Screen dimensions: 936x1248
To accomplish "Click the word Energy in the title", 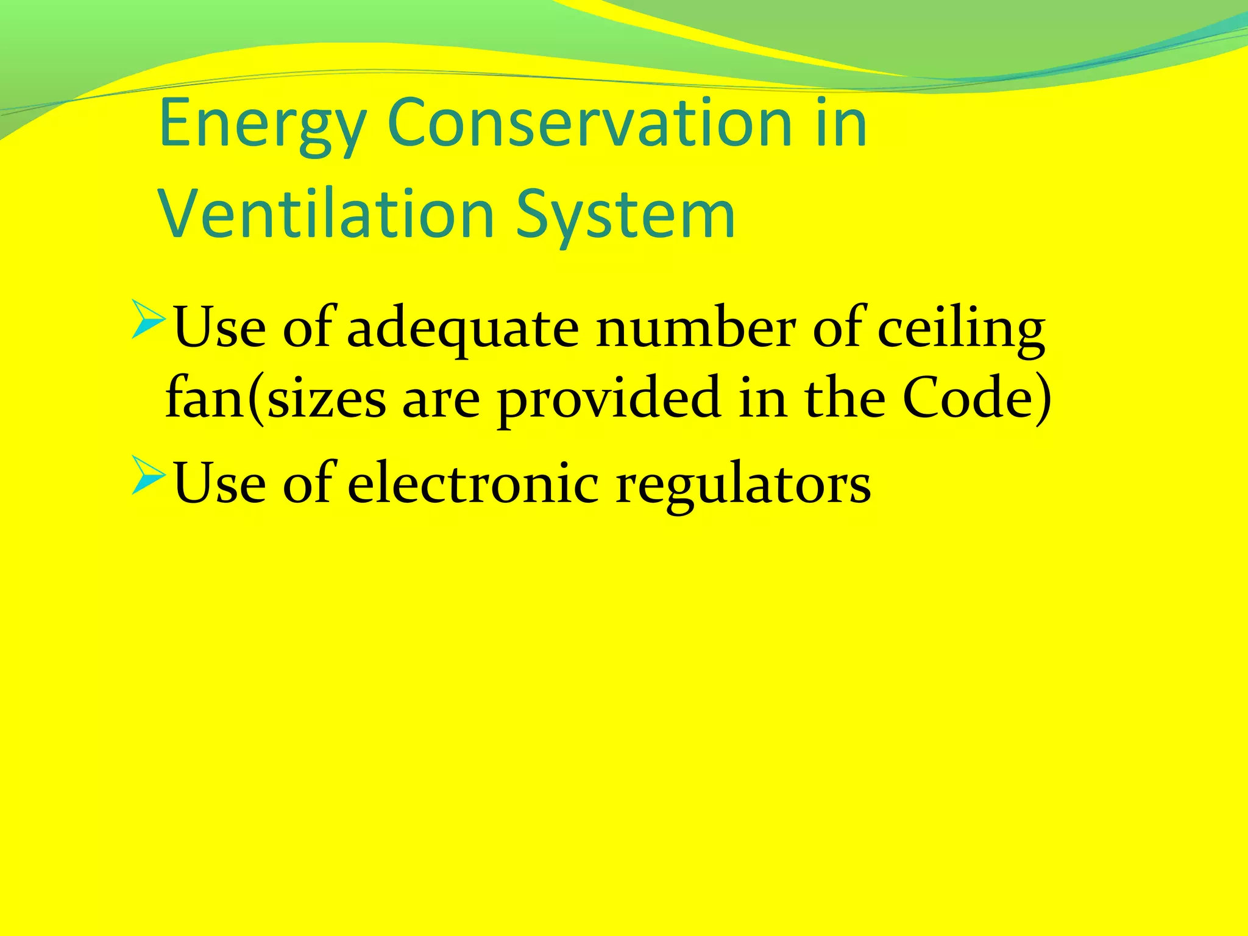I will pos(262,125).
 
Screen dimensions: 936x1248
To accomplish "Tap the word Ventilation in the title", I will pos(327,215).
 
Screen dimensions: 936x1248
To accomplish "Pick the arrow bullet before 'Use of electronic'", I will pos(148,475).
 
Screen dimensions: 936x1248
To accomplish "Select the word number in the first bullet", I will pos(695,329).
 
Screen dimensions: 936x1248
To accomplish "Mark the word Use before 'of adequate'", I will pos(220,329).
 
